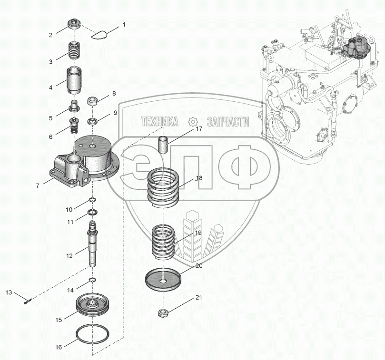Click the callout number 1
tap(124, 24)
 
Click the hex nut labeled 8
tap(93, 101)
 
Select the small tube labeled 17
tap(164, 144)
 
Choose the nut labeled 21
tap(163, 313)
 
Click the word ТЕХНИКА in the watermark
tap(159, 122)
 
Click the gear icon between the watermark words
tap(192, 122)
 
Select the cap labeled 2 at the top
tap(76, 23)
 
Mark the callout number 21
tap(198, 298)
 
